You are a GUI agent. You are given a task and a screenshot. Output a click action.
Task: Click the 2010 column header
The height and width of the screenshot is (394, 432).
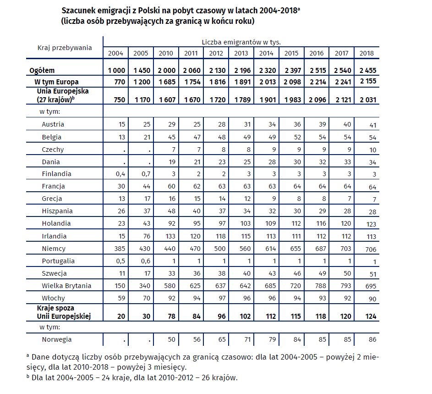(166, 53)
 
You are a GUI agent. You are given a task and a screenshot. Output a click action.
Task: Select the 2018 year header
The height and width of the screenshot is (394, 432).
(366, 53)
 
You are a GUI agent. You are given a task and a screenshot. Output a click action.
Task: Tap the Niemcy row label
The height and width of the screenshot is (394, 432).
(54, 249)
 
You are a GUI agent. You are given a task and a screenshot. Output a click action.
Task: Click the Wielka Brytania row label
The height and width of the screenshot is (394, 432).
(66, 286)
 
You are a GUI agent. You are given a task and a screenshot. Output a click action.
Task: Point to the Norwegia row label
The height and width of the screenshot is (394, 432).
(57, 339)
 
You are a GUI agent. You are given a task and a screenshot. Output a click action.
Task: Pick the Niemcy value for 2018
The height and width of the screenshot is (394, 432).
(371, 250)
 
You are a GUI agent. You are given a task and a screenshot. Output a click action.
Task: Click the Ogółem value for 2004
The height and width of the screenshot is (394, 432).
(116, 71)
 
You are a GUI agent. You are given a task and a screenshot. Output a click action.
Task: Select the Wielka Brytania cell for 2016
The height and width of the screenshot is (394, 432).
(321, 286)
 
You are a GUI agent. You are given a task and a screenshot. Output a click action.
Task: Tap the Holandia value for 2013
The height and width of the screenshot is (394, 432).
(245, 223)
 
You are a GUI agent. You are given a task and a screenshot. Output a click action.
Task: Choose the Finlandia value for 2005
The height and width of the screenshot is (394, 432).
(146, 174)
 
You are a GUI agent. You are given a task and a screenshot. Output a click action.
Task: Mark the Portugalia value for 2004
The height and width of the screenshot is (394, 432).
(120, 261)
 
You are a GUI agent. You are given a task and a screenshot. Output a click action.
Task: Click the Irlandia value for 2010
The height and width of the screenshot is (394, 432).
(170, 236)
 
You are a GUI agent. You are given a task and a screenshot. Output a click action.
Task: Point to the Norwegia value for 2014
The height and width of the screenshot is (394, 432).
(272, 339)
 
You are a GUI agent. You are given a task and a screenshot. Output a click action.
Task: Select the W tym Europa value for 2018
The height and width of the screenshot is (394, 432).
(368, 81)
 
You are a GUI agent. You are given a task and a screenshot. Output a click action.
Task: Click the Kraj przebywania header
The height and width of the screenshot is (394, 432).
(65, 48)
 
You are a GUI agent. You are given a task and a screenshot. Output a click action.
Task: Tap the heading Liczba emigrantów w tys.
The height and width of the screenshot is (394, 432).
(241, 42)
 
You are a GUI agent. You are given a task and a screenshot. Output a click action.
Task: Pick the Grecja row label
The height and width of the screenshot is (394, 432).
(52, 199)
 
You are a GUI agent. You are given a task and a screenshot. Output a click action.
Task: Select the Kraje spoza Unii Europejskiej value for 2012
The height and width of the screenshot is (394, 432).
(222, 316)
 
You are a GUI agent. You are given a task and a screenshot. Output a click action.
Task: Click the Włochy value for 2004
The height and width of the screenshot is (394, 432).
(121, 298)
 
